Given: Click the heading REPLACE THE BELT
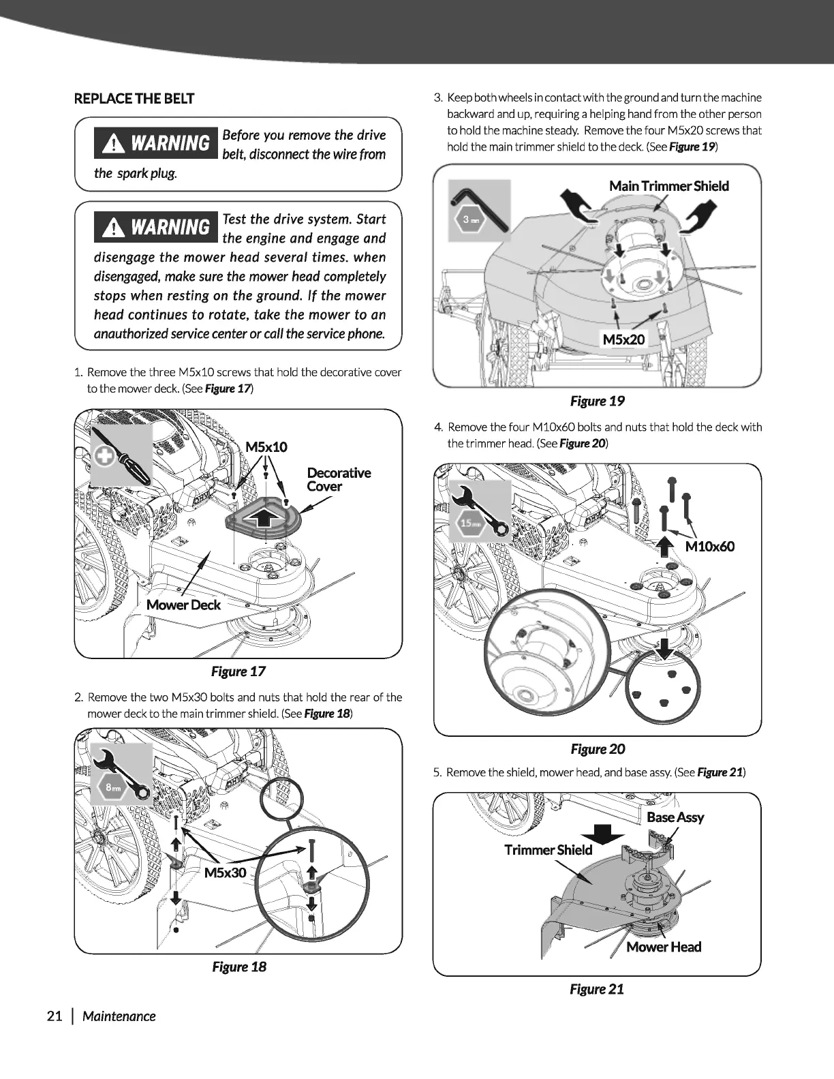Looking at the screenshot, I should pos(134,98).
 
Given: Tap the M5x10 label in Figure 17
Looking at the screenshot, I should pos(266,447).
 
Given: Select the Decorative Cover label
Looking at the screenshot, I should pos(339,479).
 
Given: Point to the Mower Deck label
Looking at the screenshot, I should pos(183,605).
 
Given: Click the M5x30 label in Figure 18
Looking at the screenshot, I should pos(225,873).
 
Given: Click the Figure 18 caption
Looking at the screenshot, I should pos(238,967).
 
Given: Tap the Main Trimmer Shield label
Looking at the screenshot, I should pos(668,186).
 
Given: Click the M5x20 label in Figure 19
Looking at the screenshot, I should pos(623,339).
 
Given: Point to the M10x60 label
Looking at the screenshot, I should pos(709,546).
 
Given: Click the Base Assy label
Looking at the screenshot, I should pos(675,817).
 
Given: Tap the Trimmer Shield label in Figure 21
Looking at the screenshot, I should pos(548,849).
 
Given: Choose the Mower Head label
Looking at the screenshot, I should pos(663,947).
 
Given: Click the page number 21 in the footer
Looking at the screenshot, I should pos(55,1016).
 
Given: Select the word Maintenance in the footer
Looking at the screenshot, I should pos(119,1016).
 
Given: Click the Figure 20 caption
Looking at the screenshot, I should pos(597,749).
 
